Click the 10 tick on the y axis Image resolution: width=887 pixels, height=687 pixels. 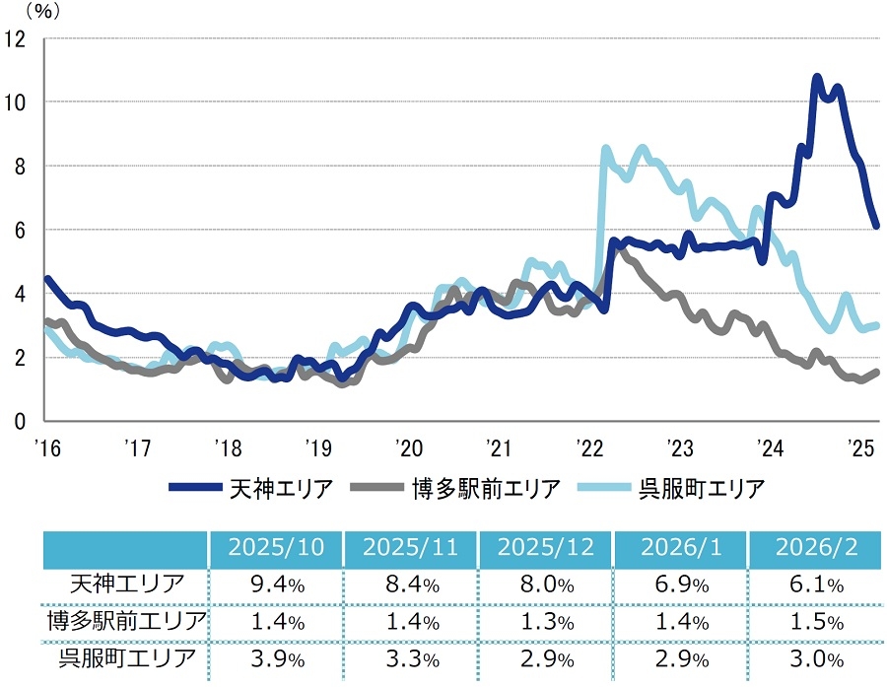[17, 103]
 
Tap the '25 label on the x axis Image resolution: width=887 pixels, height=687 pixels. [863, 448]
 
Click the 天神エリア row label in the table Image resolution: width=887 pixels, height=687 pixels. [126, 584]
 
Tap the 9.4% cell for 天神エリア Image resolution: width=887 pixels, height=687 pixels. [275, 584]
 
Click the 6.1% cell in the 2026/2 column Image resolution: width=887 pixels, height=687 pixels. [814, 584]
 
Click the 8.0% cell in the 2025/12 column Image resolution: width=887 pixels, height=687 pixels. [545, 584]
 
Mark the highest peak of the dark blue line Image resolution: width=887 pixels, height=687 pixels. [816, 77]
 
